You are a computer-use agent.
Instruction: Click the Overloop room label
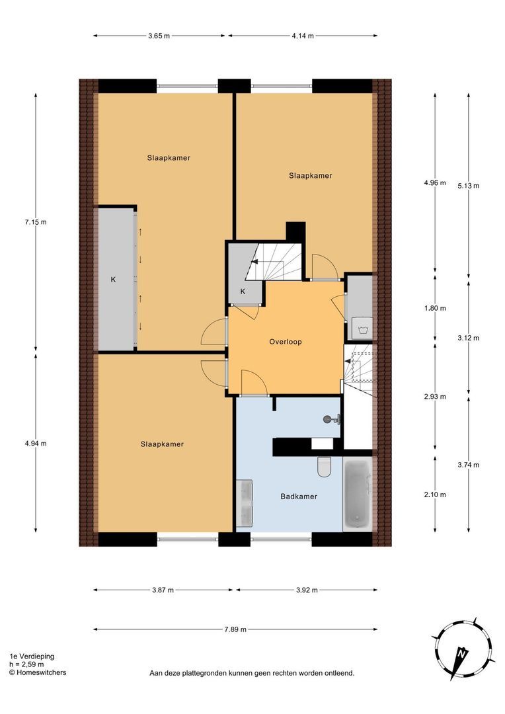286,342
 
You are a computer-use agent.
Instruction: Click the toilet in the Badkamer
324,467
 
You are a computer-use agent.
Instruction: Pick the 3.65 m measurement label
159,36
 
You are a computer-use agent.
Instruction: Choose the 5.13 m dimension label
468,186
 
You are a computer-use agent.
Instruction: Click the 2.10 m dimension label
435,495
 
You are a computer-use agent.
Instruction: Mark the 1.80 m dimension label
435,308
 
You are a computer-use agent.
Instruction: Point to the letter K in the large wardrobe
113,280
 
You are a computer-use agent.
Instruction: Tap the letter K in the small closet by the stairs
243,292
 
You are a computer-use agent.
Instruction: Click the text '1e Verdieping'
32,656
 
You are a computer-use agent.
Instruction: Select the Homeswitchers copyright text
37,672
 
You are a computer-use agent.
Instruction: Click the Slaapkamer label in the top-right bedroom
310,176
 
